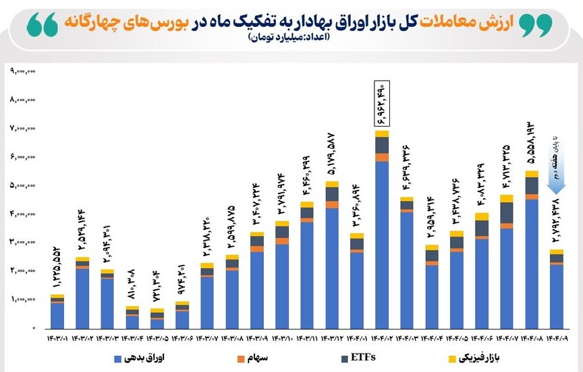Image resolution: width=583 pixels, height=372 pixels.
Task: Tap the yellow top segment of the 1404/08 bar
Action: click(x=532, y=174)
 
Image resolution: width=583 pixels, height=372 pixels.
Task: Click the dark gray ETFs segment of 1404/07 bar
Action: click(x=507, y=212)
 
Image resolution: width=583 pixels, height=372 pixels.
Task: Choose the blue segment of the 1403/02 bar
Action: click(x=82, y=297)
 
